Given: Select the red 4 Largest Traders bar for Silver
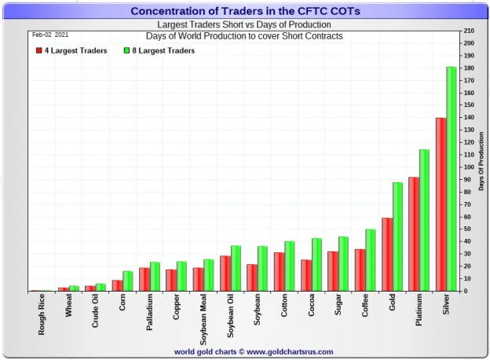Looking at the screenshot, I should [441, 204].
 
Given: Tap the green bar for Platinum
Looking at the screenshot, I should [424, 220].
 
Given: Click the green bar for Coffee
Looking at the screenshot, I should [370, 260].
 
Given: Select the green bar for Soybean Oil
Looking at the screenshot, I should [236, 268].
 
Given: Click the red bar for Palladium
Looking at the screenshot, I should [144, 279].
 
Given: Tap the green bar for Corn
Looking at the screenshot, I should [128, 281].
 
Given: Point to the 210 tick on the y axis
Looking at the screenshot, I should [468, 31].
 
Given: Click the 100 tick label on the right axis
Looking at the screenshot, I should [468, 167].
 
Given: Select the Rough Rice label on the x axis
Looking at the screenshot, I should [42, 315].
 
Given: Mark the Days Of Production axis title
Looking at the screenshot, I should [482, 161].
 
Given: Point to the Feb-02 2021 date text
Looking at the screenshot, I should [49, 35].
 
